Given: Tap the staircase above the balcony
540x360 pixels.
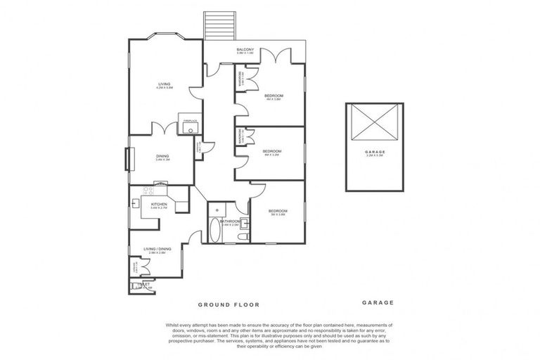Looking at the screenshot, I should point(214,26).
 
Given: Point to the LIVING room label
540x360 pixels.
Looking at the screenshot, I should point(165,84).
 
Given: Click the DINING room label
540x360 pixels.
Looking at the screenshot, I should point(162,157).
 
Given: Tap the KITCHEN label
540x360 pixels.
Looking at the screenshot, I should point(157,205).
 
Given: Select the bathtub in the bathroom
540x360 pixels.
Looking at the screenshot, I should point(214,229).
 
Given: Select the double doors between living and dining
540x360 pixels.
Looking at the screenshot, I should point(164,129).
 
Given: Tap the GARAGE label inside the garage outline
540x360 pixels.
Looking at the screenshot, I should point(375,152).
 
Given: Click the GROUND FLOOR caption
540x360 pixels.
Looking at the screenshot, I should point(229,305).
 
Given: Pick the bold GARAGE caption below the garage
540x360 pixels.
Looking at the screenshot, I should point(378,303).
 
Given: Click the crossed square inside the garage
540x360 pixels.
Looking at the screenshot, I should point(375,124).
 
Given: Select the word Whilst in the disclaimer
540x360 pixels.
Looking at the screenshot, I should point(174,325).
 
